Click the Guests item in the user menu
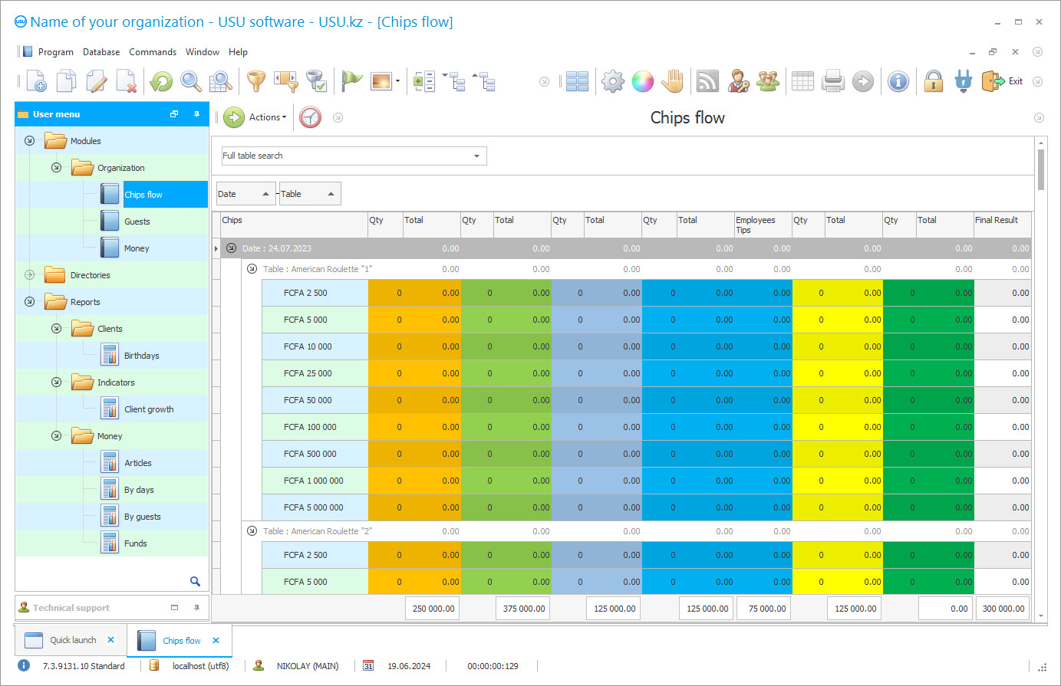coord(137,222)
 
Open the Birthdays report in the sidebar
coord(141,356)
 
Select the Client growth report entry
coord(149,409)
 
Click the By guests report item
coord(142,517)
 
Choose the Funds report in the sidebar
coord(135,543)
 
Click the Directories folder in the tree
coord(90,275)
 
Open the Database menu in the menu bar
coord(101,52)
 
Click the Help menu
coord(238,52)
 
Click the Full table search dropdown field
coord(353,156)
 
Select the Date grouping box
coord(245,194)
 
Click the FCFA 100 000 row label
coord(310,427)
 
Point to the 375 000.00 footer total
coord(523,609)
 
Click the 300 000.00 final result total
coord(1003,609)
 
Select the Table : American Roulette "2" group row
coord(317,531)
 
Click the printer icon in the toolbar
coord(832,81)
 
